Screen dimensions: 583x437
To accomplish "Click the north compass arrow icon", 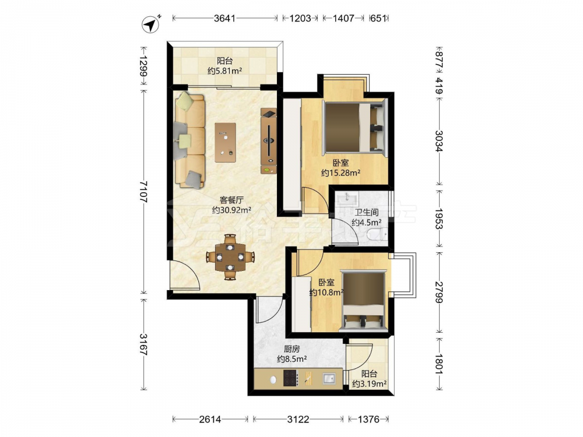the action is (x=151, y=24).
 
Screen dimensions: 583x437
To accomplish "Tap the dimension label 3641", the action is (x=224, y=18).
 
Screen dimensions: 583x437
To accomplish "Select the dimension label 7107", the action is (x=143, y=192).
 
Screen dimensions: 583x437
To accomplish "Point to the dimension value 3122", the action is (x=298, y=420).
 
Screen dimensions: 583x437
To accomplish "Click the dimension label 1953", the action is (x=439, y=218).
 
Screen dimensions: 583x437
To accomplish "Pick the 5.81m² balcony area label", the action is (x=225, y=71).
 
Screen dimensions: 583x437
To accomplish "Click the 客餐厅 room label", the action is (x=231, y=200).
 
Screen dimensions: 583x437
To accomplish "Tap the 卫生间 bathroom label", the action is (x=366, y=213).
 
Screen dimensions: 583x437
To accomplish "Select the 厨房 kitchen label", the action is (x=291, y=349).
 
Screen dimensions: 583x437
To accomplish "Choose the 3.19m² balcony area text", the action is (x=369, y=384).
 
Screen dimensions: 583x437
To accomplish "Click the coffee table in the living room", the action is (x=225, y=142).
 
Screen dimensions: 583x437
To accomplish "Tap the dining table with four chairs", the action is (x=230, y=257).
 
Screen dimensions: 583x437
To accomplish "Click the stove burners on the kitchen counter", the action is (x=290, y=379).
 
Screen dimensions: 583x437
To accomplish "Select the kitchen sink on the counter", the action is (x=329, y=379).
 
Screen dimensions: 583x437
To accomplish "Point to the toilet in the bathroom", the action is (x=377, y=234).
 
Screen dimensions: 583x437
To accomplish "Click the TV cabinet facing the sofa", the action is (x=268, y=141).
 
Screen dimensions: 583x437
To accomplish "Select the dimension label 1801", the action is (x=439, y=364).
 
